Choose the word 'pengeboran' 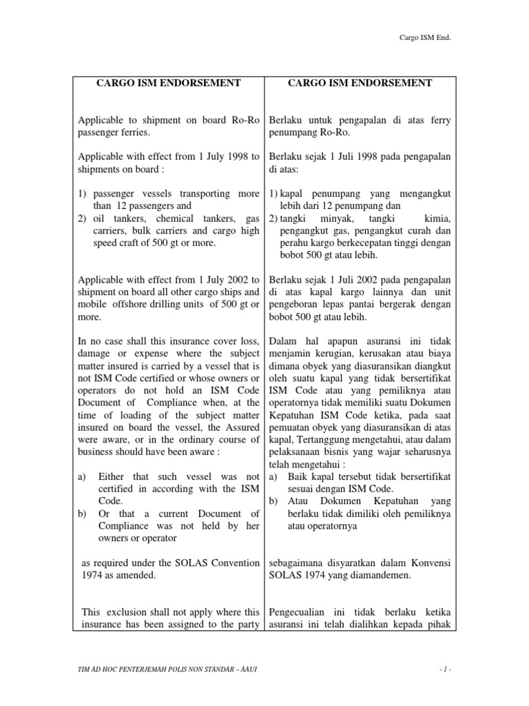(x=293, y=305)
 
